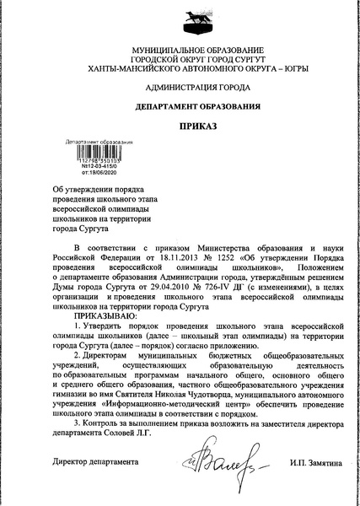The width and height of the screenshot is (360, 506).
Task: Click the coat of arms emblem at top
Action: tap(180, 18)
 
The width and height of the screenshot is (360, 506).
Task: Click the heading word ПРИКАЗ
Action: tap(180, 126)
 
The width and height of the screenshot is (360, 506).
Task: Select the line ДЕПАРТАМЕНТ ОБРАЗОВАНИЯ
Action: tap(180, 107)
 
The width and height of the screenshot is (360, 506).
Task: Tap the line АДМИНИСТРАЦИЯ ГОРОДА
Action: tap(180, 87)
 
